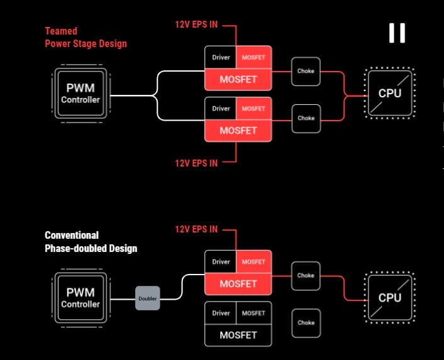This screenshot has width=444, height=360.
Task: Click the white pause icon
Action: tap(397, 33)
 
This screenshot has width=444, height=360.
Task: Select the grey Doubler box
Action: tap(147, 298)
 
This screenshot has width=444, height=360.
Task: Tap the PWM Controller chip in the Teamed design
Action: tap(80, 94)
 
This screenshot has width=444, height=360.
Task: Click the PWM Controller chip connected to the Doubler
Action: tap(80, 297)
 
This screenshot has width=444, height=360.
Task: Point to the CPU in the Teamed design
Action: tap(389, 93)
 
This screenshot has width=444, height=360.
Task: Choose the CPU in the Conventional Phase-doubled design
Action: tap(389, 297)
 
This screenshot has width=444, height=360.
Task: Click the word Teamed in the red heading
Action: tap(62, 30)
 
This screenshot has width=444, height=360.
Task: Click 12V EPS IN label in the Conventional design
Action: tap(196, 229)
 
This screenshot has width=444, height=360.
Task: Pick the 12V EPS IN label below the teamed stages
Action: tap(196, 163)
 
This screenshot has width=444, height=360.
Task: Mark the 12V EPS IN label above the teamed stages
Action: tap(196, 25)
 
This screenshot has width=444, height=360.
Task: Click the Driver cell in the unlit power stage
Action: tap(221, 313)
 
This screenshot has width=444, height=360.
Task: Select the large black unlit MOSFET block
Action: tap(238, 335)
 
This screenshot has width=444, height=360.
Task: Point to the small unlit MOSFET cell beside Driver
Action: tap(253, 313)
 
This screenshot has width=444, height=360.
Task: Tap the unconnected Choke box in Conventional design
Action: tap(306, 323)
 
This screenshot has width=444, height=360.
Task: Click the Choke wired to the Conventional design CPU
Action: tap(306, 275)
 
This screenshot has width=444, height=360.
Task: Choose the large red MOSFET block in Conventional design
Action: tap(238, 284)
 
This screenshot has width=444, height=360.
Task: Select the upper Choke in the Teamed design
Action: tap(306, 71)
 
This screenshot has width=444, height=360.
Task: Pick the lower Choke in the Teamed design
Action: tap(306, 118)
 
